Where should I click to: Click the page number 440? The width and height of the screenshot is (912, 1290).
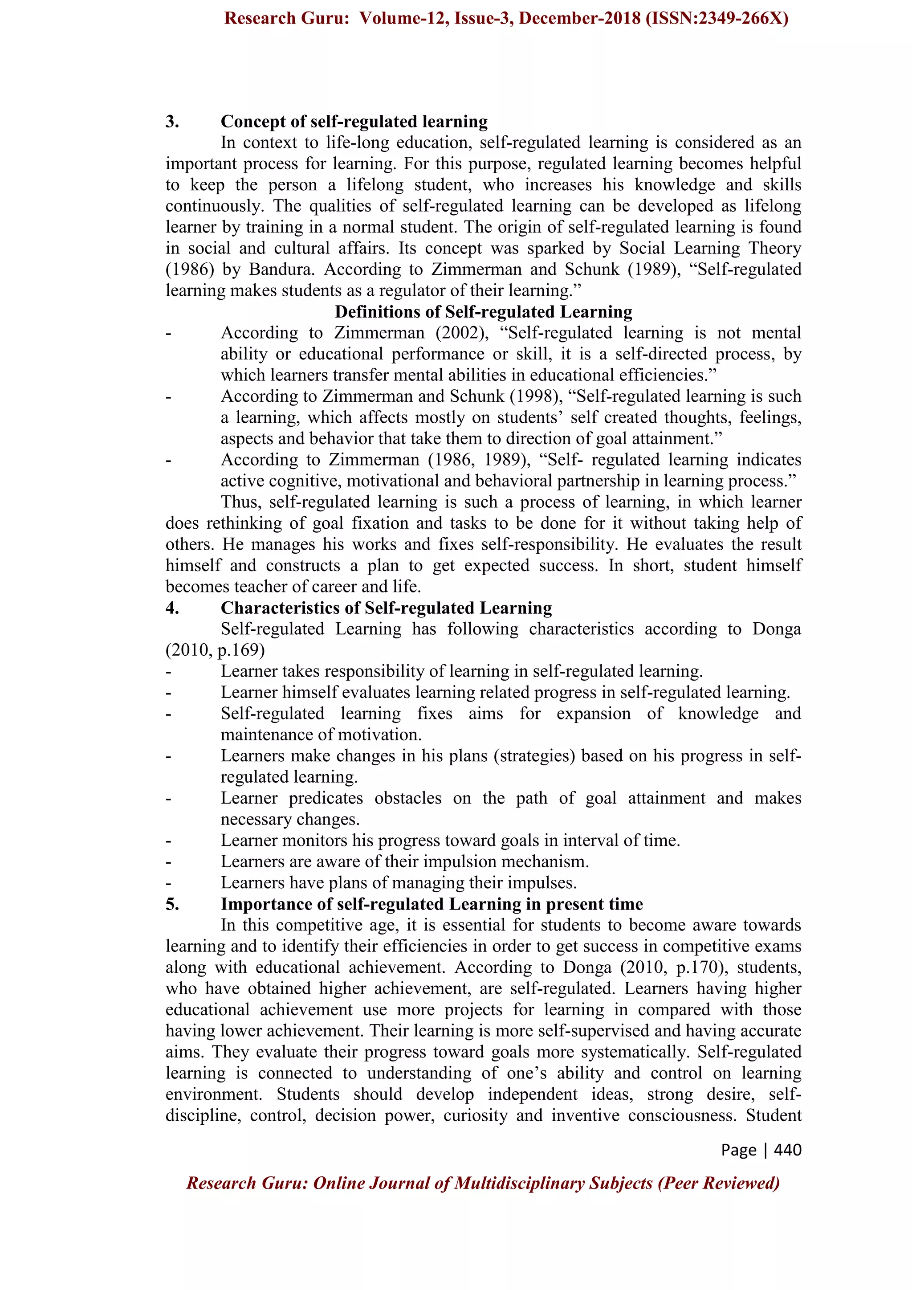coord(787,1150)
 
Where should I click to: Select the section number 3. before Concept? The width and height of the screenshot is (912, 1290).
coord(172,122)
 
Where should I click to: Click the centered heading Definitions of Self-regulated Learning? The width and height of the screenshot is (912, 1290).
coord(483,312)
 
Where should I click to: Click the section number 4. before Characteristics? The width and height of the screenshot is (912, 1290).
coord(172,608)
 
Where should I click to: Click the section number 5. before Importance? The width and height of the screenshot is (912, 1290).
coord(172,905)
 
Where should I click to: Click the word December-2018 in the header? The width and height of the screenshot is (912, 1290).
coord(579,19)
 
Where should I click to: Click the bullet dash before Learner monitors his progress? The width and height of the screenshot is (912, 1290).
coord(168,841)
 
